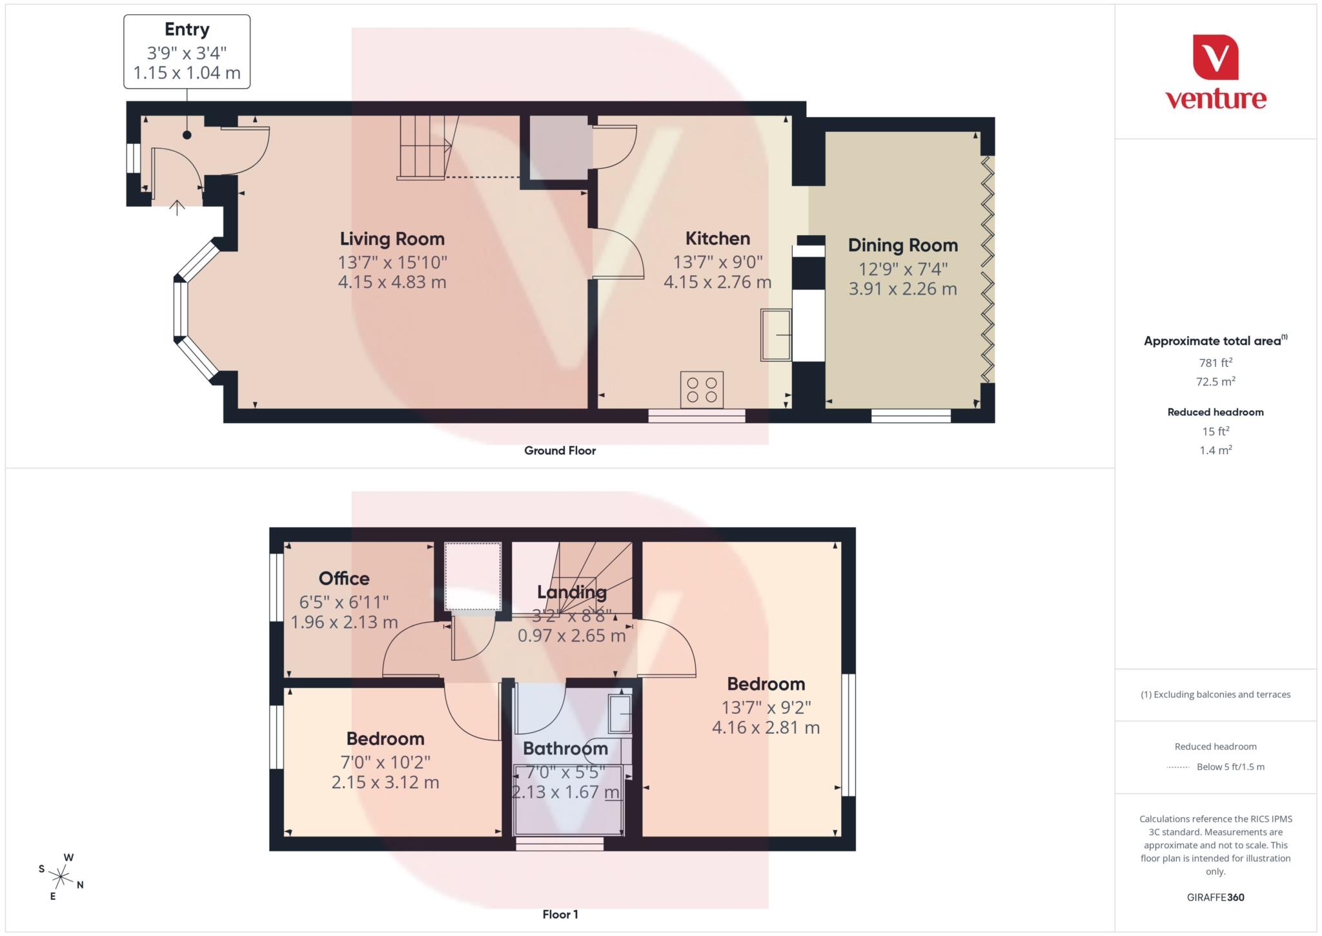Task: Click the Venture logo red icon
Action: (x=1215, y=57)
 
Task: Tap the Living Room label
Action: (x=392, y=239)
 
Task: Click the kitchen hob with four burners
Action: (x=701, y=390)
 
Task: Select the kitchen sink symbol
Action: (x=776, y=335)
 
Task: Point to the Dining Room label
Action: (x=902, y=245)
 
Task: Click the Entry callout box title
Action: (x=187, y=30)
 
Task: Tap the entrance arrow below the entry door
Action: (x=177, y=207)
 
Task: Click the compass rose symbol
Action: (x=61, y=877)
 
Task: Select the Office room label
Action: (x=343, y=579)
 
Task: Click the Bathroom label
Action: (x=565, y=749)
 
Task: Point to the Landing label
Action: (x=571, y=592)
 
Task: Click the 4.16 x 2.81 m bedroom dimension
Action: (x=766, y=728)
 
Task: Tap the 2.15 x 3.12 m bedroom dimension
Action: (x=385, y=782)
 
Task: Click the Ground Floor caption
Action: (x=560, y=451)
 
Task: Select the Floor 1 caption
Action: (x=560, y=914)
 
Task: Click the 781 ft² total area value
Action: (x=1215, y=363)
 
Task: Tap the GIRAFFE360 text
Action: (x=1215, y=897)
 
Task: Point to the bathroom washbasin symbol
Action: (x=620, y=714)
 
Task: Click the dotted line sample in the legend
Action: (x=1178, y=767)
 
